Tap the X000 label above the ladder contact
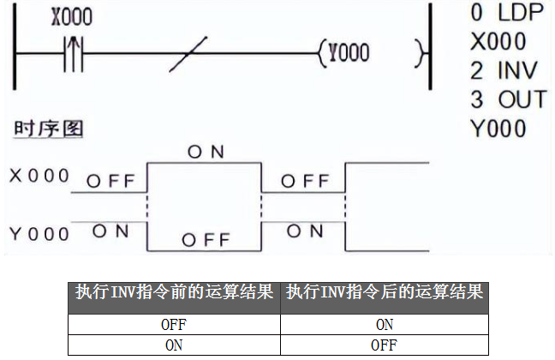[x=71, y=18]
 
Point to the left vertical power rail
[x=15, y=53]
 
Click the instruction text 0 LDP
[x=507, y=14]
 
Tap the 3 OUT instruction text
[x=508, y=99]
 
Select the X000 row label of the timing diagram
[x=39, y=176]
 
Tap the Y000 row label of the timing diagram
[x=39, y=233]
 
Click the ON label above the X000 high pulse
[x=206, y=152]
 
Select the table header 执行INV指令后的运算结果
[x=385, y=292]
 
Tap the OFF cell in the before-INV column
[x=175, y=325]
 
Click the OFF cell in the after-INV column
[x=385, y=345]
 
